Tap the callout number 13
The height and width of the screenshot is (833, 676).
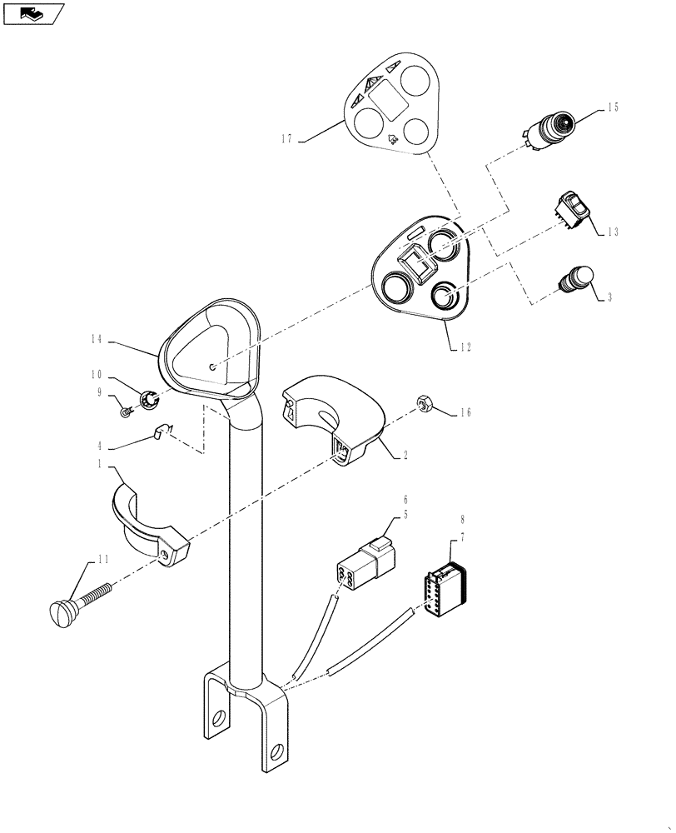point(613,232)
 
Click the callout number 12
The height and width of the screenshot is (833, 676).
point(464,348)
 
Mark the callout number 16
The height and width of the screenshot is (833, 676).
point(465,412)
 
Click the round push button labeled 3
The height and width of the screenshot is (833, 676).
point(577,277)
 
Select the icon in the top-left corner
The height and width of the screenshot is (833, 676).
point(33,13)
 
